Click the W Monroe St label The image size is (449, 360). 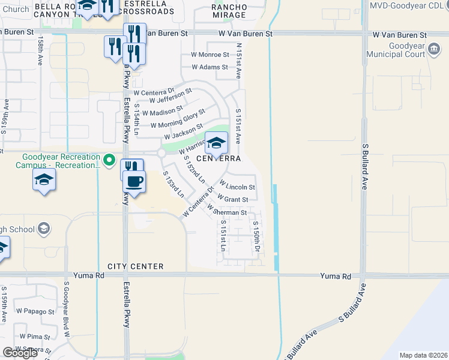coord(209,55)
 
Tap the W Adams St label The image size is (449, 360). coord(209,67)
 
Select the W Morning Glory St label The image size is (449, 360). coord(178,118)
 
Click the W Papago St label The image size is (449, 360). coord(35,311)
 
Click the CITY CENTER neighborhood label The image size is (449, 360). coord(136,266)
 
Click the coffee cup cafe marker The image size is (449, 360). coord(133,181)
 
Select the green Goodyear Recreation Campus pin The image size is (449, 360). coord(109,160)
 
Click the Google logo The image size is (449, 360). coord(20,353)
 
